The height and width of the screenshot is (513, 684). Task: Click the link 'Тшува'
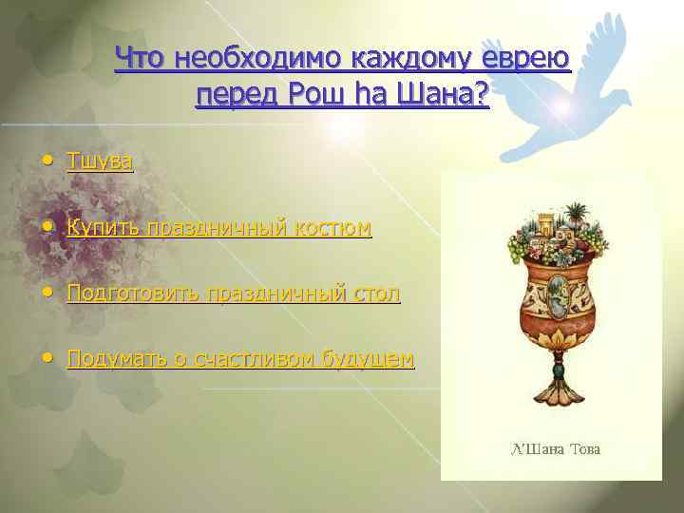(x=100, y=162)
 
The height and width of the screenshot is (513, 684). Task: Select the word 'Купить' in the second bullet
(x=102, y=228)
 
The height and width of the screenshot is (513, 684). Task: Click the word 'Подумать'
(x=109, y=358)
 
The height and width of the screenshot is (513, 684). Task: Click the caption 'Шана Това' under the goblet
(x=558, y=448)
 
